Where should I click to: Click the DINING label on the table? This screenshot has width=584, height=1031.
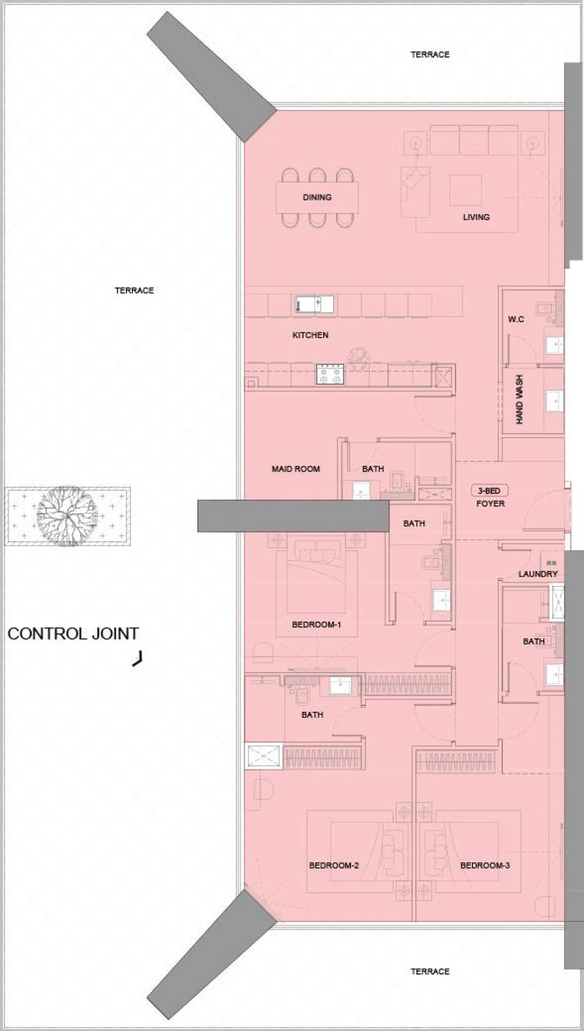click(317, 197)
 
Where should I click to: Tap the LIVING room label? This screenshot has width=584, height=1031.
click(476, 217)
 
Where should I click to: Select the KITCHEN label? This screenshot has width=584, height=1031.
click(310, 335)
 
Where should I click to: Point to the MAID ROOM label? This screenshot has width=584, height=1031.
click(295, 468)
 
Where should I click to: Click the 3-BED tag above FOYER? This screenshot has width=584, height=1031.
click(489, 491)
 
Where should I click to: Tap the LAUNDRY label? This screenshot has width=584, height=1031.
click(538, 574)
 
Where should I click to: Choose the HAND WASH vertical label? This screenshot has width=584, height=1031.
click(519, 401)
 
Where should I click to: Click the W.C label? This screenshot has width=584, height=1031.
click(516, 319)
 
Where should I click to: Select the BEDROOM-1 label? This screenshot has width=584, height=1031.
click(316, 625)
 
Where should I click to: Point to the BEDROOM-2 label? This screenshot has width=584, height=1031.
click(334, 866)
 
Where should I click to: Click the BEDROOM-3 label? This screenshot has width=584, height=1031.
click(485, 866)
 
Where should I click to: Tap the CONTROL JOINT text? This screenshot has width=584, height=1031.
click(73, 634)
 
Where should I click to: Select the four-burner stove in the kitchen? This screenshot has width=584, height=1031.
click(330, 374)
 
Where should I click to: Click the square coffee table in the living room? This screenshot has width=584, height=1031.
click(465, 190)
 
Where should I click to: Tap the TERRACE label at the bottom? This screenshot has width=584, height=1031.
click(430, 971)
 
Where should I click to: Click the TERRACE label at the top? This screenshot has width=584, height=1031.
click(430, 55)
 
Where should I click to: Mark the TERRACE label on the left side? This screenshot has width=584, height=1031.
click(134, 291)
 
